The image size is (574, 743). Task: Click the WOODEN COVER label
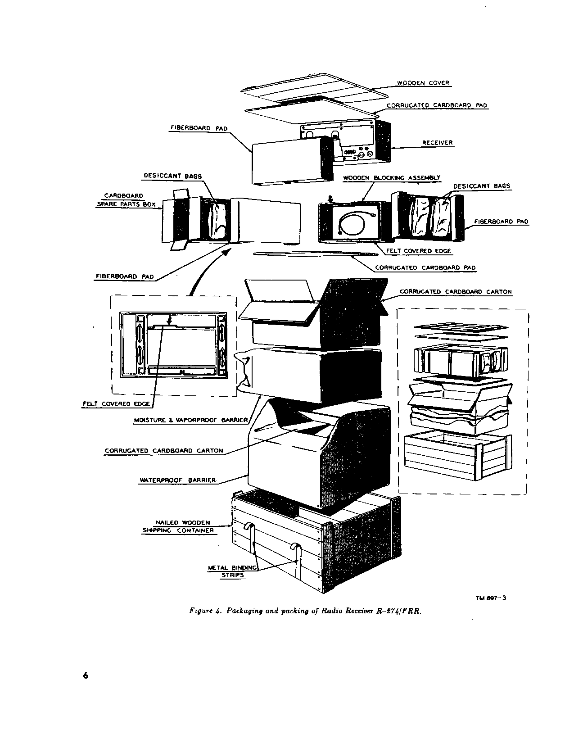pyautogui.click(x=423, y=83)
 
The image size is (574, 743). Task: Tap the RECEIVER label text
pyautogui.click(x=437, y=143)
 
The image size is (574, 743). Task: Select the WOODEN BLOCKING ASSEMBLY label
pyautogui.click(x=392, y=178)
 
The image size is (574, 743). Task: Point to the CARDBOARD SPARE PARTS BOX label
pyautogui.click(x=126, y=200)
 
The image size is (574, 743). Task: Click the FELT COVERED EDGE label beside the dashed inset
pyautogui.click(x=117, y=404)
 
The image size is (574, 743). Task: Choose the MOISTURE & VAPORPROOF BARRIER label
pyautogui.click(x=191, y=420)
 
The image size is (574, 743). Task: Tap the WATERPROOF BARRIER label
pyautogui.click(x=178, y=480)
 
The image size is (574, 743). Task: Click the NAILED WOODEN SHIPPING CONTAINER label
pyautogui.click(x=178, y=526)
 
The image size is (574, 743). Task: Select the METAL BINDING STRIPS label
pyautogui.click(x=232, y=571)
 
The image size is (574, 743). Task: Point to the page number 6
pyautogui.click(x=86, y=675)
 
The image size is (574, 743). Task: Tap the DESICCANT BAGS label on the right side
pyautogui.click(x=482, y=186)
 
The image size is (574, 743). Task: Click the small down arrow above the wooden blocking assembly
pyautogui.click(x=330, y=198)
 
